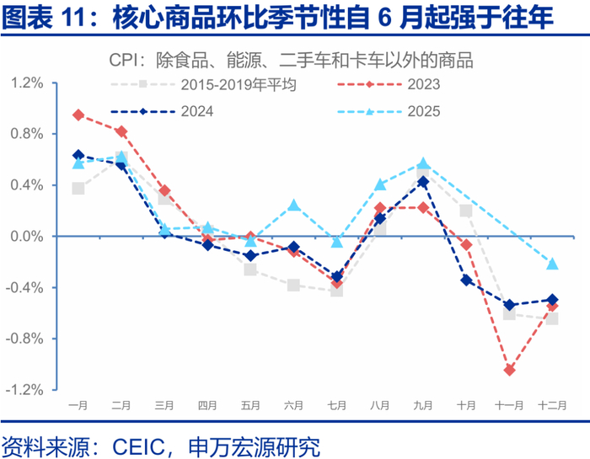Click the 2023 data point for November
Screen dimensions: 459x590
[x=509, y=370]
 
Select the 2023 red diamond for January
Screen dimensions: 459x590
[x=78, y=115]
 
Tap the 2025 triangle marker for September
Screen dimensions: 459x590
[x=423, y=163]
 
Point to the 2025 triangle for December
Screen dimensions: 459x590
[x=552, y=264]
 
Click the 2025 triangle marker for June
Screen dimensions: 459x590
[x=293, y=205]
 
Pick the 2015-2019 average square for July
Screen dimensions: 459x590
[x=336, y=290]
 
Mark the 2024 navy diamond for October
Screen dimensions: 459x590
[x=466, y=280]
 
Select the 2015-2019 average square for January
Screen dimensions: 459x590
[x=78, y=188]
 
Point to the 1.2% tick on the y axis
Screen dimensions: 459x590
[x=27, y=83]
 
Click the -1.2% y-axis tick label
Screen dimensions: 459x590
[x=25, y=390]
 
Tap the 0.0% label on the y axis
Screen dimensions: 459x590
[x=27, y=237]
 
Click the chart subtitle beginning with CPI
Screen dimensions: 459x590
[x=291, y=60]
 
